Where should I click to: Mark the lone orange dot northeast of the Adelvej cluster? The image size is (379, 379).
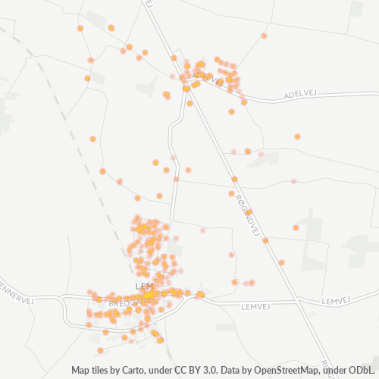264,36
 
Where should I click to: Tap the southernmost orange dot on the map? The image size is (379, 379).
100,350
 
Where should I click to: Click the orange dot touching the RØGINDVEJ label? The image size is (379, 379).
249,213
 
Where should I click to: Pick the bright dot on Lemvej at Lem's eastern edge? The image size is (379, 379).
200,294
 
